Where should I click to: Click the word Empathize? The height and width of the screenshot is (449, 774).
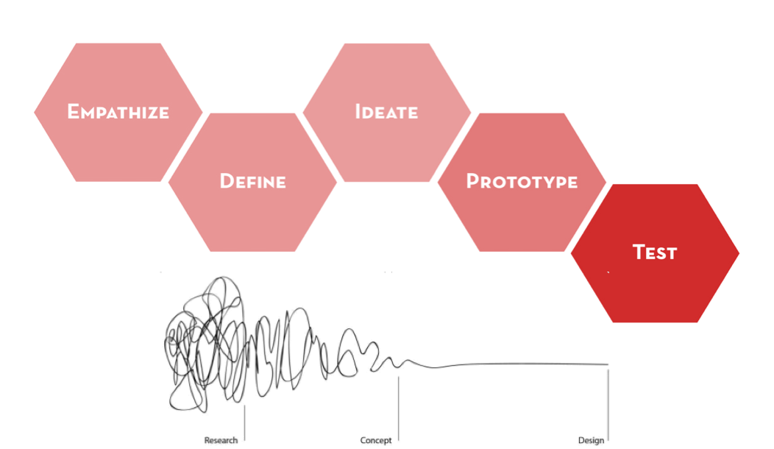118,112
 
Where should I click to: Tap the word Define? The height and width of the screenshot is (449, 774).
252,181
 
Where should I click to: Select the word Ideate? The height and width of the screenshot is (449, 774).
386,112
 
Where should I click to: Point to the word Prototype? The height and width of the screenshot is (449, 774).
522,181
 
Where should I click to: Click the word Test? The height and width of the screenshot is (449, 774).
655,252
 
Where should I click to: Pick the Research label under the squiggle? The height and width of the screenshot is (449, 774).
221,440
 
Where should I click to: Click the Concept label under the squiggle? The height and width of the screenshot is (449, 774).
375,440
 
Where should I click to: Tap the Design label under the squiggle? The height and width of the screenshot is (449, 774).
591,440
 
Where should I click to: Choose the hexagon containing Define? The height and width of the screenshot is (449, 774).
252,217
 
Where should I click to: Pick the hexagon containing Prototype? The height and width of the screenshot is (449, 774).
522,217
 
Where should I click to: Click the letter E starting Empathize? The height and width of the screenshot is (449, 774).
73,112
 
